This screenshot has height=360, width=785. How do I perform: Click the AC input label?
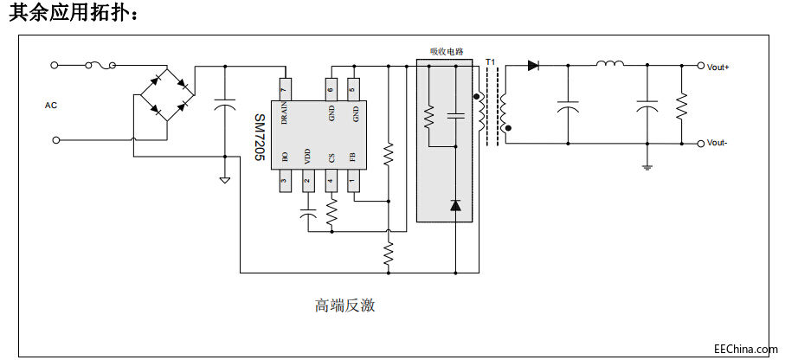(50, 106)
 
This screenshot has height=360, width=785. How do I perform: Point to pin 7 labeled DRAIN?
(283, 88)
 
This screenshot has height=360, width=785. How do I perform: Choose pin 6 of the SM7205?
(331, 88)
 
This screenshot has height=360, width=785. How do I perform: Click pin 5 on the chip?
(352, 88)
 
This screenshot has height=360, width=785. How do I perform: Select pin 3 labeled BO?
(283, 182)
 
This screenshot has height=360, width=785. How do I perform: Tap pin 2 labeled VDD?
(307, 182)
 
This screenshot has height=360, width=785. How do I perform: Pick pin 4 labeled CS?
(331, 182)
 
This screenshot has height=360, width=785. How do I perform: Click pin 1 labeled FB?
(352, 182)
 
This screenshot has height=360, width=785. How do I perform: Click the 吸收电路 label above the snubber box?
(447, 52)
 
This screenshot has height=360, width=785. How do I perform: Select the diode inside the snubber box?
(455, 205)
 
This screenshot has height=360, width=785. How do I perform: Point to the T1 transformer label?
(491, 62)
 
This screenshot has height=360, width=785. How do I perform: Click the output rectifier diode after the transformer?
(534, 65)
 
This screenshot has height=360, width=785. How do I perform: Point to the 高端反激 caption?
(344, 305)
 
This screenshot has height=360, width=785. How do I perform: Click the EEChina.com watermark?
(745, 349)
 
